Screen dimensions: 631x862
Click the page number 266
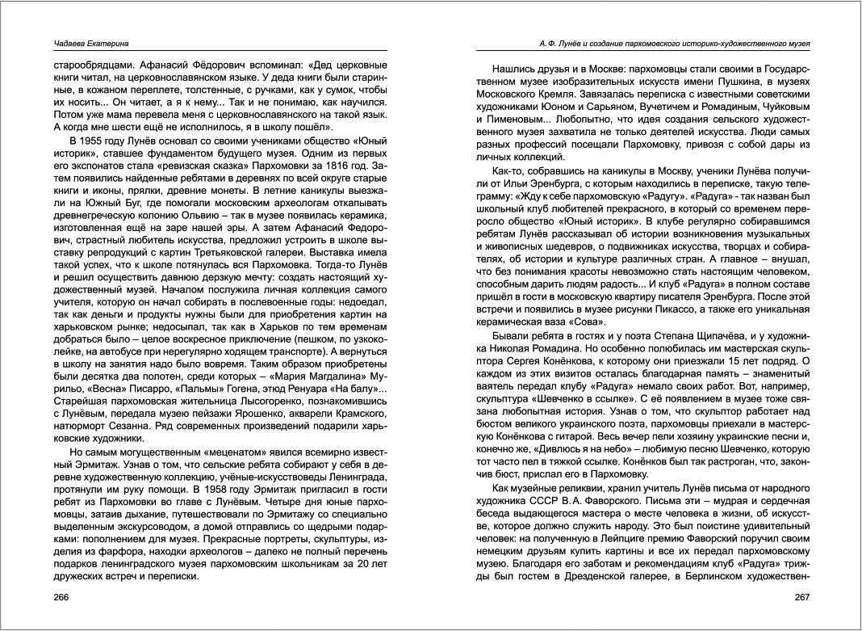point(62,597)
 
